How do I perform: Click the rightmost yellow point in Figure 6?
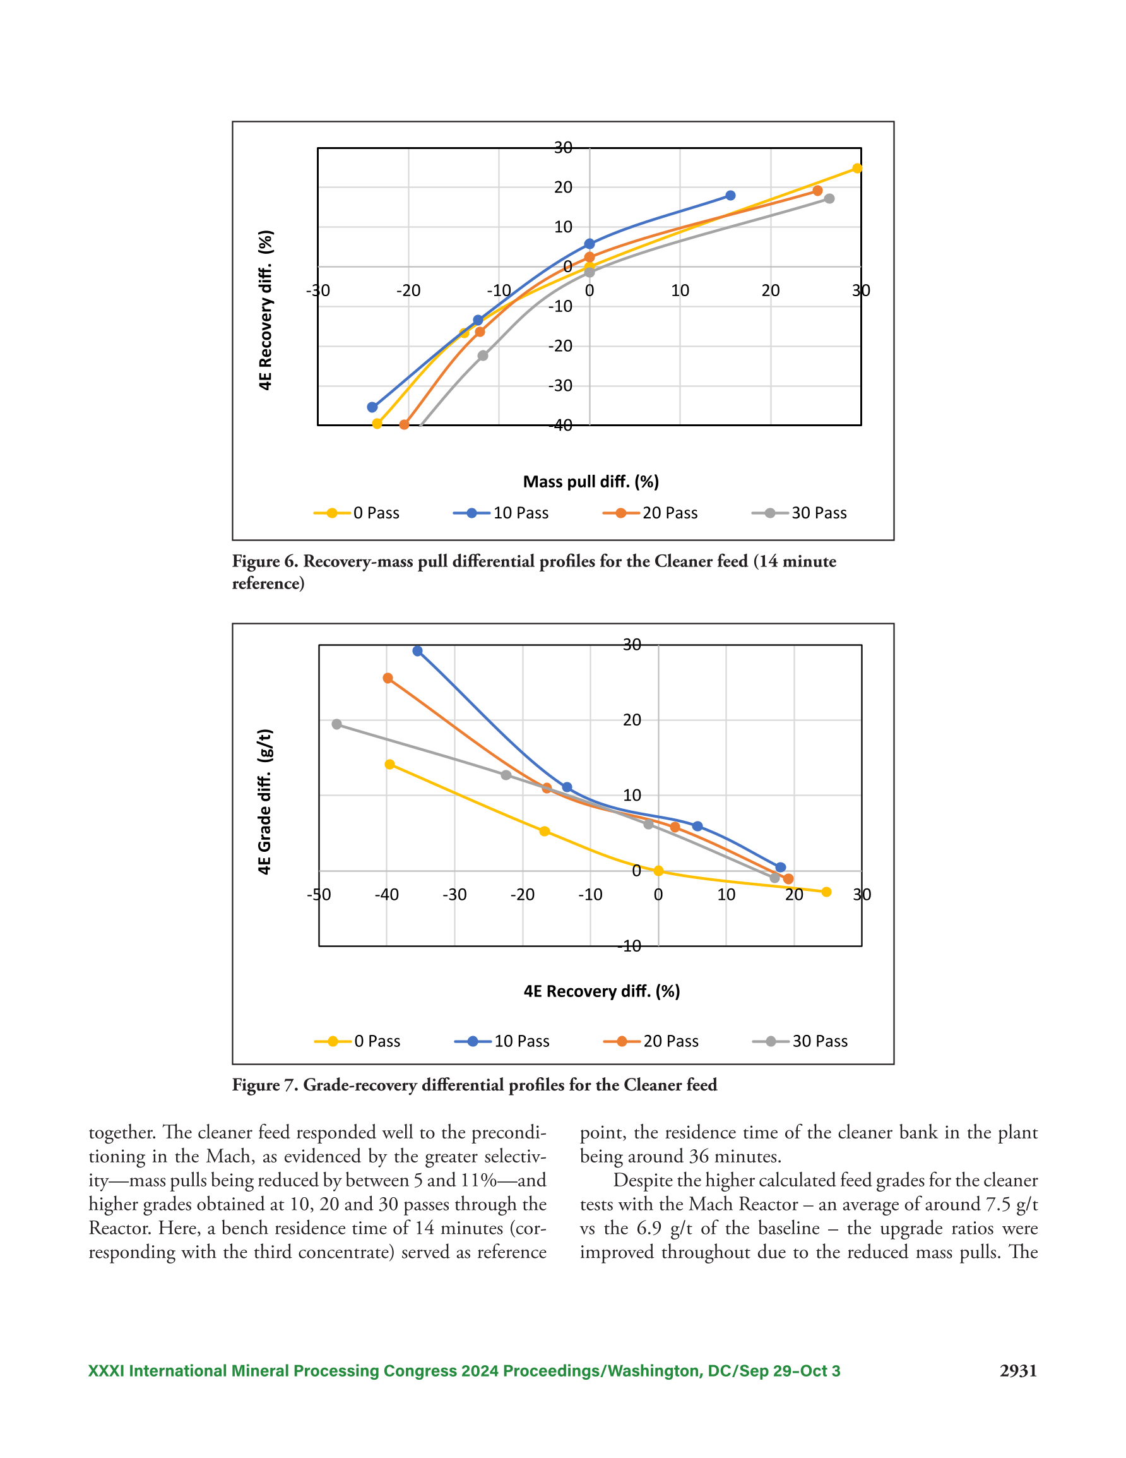(x=857, y=168)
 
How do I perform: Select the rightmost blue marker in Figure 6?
(x=730, y=196)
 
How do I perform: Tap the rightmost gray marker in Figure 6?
(x=829, y=198)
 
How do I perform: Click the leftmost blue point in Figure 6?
(x=372, y=407)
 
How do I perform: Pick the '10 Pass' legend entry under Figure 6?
(x=501, y=513)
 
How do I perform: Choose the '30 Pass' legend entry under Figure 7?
(x=800, y=1041)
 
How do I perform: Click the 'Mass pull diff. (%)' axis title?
(x=591, y=481)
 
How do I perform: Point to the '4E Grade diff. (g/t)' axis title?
(x=265, y=801)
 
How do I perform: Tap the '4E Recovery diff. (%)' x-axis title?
(x=602, y=991)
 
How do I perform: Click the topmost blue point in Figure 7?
(x=417, y=651)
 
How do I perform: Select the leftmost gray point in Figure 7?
(x=336, y=724)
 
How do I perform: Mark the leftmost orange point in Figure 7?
(x=388, y=678)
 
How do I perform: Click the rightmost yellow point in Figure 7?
(x=826, y=892)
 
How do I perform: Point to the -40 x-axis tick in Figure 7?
(x=386, y=895)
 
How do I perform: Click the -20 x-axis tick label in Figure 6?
(x=408, y=290)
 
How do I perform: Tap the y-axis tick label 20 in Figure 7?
(x=631, y=720)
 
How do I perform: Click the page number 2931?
(x=1018, y=1371)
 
